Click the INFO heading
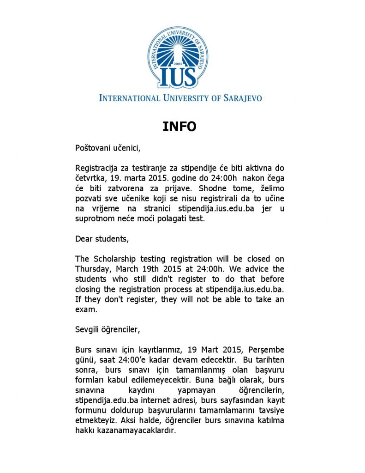point(180,127)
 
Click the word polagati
point(174,219)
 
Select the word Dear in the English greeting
point(84,239)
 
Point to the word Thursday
point(92,269)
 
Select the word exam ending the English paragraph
point(84,309)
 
